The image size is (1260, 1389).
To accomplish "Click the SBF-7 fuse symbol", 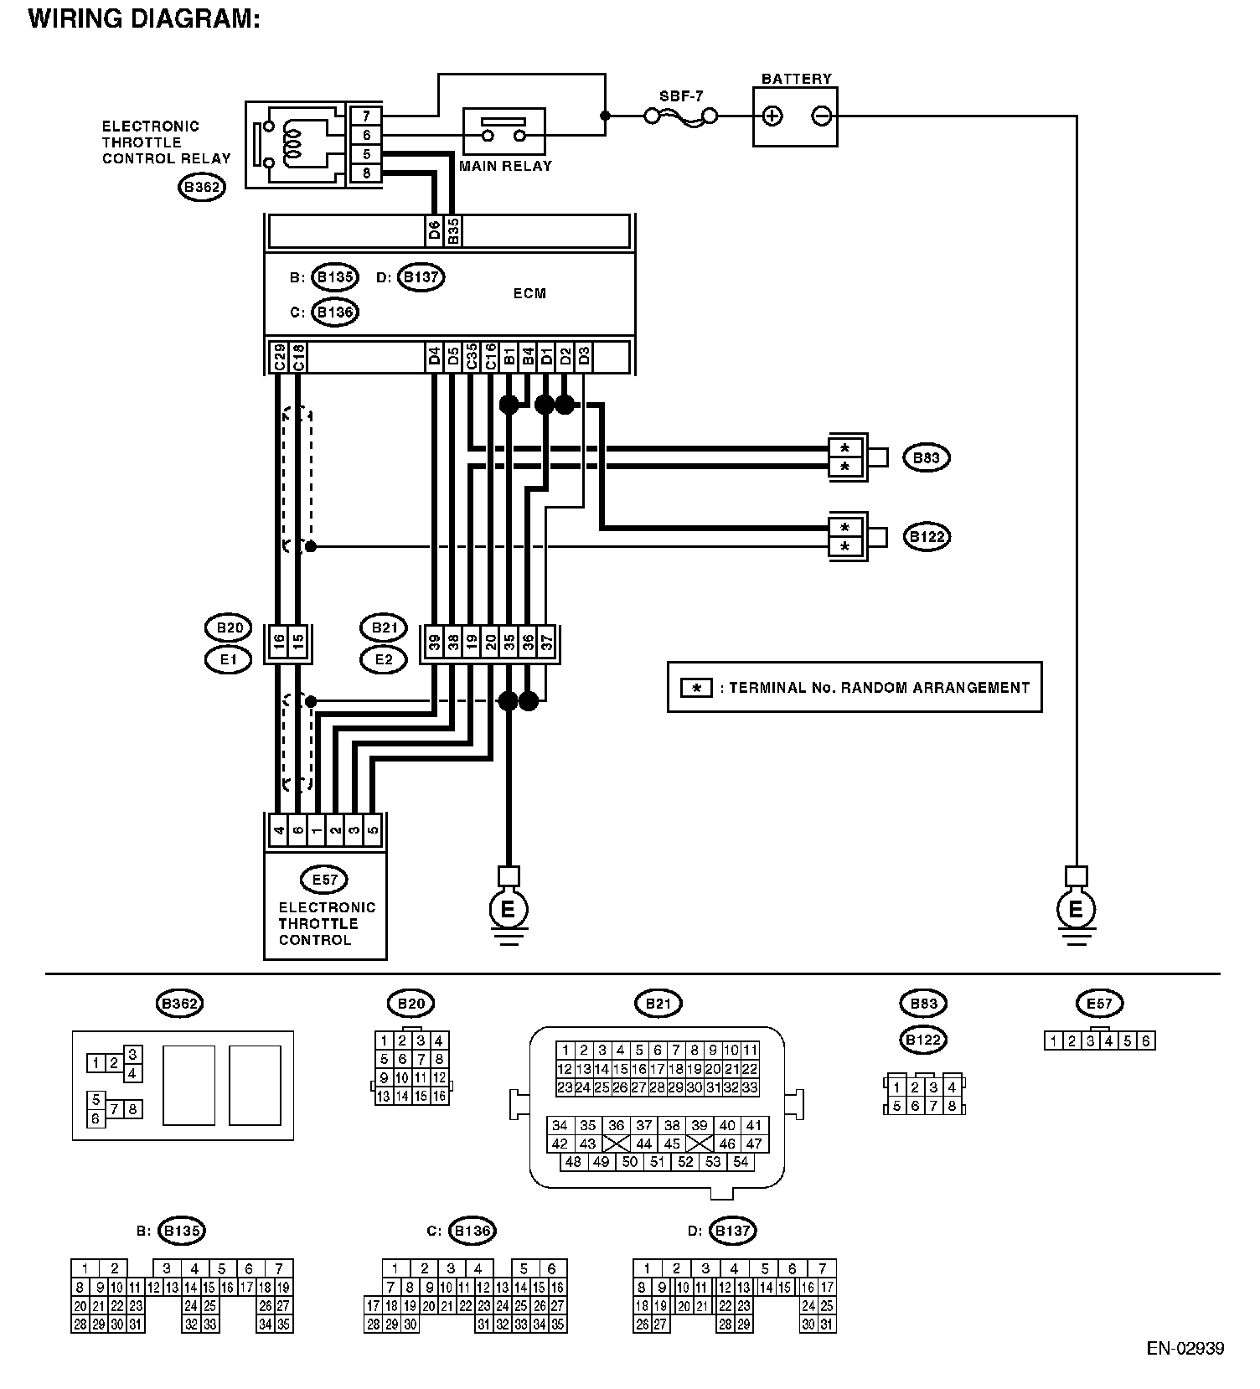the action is coord(680,116).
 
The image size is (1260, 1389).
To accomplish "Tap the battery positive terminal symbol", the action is coord(772,116).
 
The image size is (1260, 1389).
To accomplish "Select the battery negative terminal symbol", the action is coord(822,116).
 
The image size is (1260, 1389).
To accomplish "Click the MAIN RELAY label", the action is coord(505,166).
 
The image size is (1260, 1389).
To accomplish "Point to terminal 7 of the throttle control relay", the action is coord(366,116).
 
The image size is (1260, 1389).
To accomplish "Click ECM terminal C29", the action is coord(278,356).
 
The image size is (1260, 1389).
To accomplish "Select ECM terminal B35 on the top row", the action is coord(452,231).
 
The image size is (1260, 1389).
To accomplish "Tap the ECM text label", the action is coord(529,293).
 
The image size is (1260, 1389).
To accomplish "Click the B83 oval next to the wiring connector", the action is coord(926,457).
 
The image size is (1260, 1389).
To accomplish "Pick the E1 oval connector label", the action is coord(228,660).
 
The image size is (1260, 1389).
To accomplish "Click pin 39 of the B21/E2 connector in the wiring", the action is coord(434,643).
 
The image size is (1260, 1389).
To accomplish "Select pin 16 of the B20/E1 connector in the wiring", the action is coord(278,643).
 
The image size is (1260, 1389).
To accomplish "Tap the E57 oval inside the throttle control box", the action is coord(324,880).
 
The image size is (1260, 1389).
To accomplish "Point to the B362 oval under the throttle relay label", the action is coord(202,188).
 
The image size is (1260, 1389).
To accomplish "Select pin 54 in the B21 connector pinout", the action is coord(741,1162).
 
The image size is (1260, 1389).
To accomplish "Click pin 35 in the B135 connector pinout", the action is coord(284,1324).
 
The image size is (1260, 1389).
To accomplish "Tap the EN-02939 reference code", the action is coord(1185,1349).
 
